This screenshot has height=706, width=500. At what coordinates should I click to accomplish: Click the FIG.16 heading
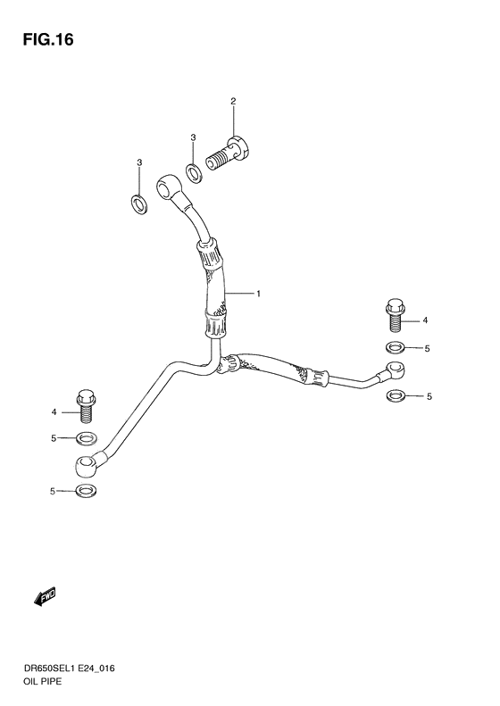[48, 40]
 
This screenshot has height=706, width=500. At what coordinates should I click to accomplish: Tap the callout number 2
[233, 102]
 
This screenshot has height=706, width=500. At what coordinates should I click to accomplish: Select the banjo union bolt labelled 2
[230, 154]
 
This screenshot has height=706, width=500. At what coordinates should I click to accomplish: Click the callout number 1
[259, 294]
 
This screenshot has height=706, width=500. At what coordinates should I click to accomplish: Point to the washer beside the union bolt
[195, 173]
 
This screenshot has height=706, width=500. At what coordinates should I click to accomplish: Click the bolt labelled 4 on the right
[395, 316]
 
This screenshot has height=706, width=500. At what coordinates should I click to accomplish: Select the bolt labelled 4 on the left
[86, 406]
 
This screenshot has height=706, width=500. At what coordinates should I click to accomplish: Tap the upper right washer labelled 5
[395, 347]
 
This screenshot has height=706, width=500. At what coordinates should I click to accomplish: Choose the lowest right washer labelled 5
[395, 396]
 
